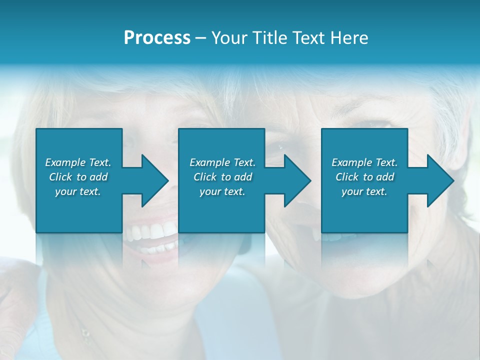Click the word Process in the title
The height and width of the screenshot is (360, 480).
point(157,38)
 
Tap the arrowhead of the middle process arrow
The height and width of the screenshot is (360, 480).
point(296,180)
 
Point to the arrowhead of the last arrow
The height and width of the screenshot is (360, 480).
point(439,180)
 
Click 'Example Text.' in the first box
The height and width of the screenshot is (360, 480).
point(78,162)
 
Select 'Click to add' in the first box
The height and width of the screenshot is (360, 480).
point(78,177)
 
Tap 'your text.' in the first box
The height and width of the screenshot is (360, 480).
point(78,191)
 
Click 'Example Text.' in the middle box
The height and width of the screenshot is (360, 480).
point(222,162)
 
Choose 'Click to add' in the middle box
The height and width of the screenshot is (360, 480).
point(222,177)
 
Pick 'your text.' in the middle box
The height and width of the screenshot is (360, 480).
point(222,191)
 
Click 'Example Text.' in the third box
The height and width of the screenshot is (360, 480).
point(364,162)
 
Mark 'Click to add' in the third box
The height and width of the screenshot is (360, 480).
point(364,177)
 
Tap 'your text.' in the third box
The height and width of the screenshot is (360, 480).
point(364,191)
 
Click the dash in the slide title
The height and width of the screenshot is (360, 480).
point(200,38)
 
